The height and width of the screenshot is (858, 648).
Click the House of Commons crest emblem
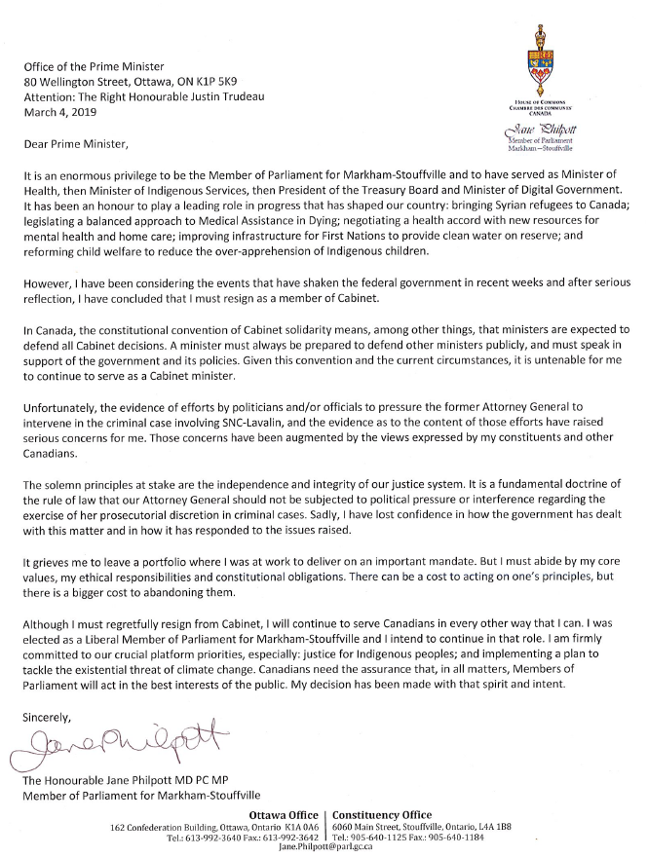click(x=539, y=60)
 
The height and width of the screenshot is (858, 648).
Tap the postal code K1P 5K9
click(x=239, y=82)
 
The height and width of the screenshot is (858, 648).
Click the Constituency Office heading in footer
click(x=384, y=812)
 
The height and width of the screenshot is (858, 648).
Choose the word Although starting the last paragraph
click(x=50, y=621)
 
